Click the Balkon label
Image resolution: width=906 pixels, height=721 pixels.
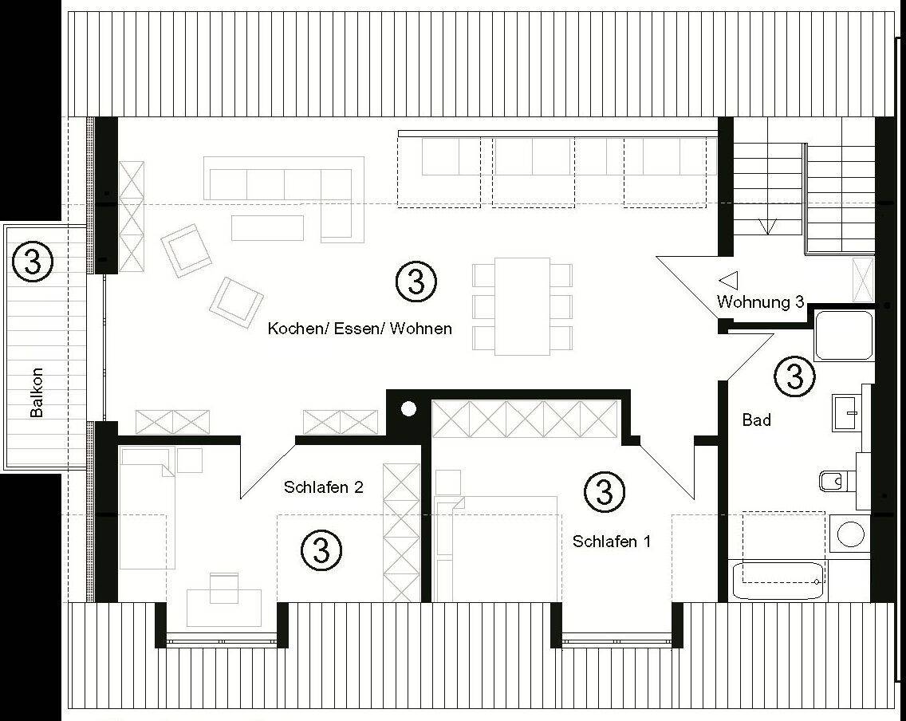37,392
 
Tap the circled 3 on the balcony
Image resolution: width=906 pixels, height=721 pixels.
33,261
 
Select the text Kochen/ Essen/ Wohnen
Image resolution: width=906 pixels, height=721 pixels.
360,329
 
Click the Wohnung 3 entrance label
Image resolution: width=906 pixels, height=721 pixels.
760,301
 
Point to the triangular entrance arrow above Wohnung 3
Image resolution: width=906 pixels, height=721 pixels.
729,281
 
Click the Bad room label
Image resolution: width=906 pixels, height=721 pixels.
756,420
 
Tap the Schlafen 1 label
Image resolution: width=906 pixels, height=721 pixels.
612,542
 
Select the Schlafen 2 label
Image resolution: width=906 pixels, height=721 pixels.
324,487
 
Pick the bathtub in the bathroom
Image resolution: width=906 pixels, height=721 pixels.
777,580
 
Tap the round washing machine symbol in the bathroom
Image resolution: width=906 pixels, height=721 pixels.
850,534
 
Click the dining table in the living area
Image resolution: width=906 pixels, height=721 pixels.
522,306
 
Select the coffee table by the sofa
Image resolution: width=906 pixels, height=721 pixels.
267,227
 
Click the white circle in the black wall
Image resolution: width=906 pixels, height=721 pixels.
408,409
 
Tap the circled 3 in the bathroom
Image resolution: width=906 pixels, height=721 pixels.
794,376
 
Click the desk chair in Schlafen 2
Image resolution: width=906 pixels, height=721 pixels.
223,587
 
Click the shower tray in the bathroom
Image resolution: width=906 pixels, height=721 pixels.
844,336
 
